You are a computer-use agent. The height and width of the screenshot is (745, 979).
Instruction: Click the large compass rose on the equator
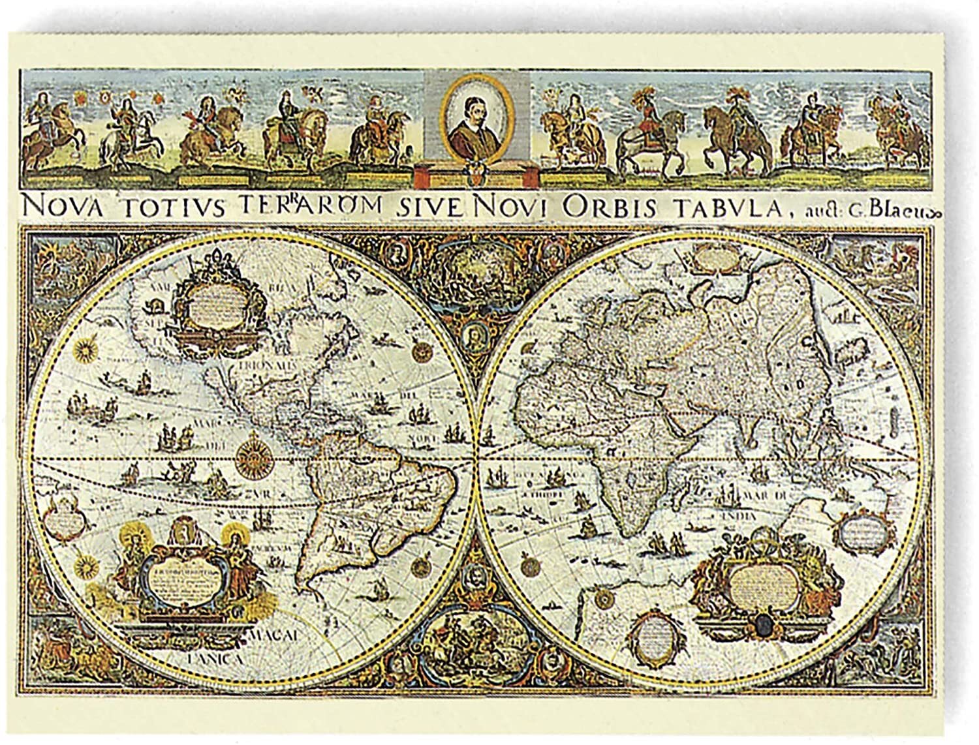coord(251,453)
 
